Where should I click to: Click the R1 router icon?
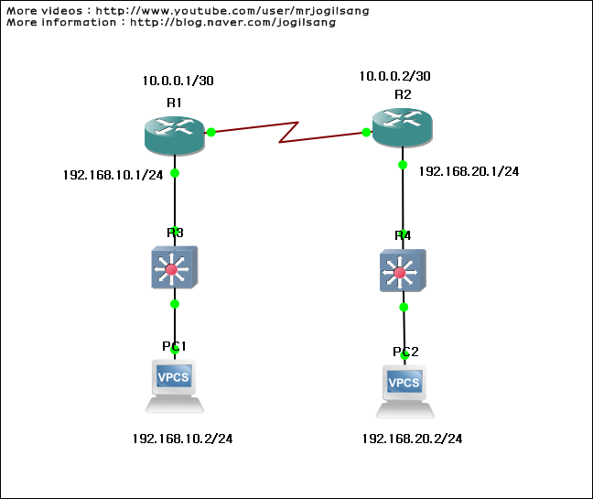click(x=174, y=134)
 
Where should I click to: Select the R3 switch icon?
click(x=174, y=267)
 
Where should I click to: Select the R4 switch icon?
click(x=403, y=270)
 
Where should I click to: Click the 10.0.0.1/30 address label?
click(x=178, y=81)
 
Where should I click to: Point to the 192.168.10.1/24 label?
click(x=113, y=174)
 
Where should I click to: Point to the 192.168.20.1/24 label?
click(x=469, y=170)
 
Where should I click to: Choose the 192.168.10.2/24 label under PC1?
click(x=182, y=439)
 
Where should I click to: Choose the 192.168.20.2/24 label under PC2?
click(x=412, y=439)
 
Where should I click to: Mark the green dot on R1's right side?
click(x=211, y=132)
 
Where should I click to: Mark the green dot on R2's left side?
click(x=366, y=132)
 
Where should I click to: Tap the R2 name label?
click(x=403, y=94)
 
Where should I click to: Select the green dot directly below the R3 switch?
click(x=174, y=303)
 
